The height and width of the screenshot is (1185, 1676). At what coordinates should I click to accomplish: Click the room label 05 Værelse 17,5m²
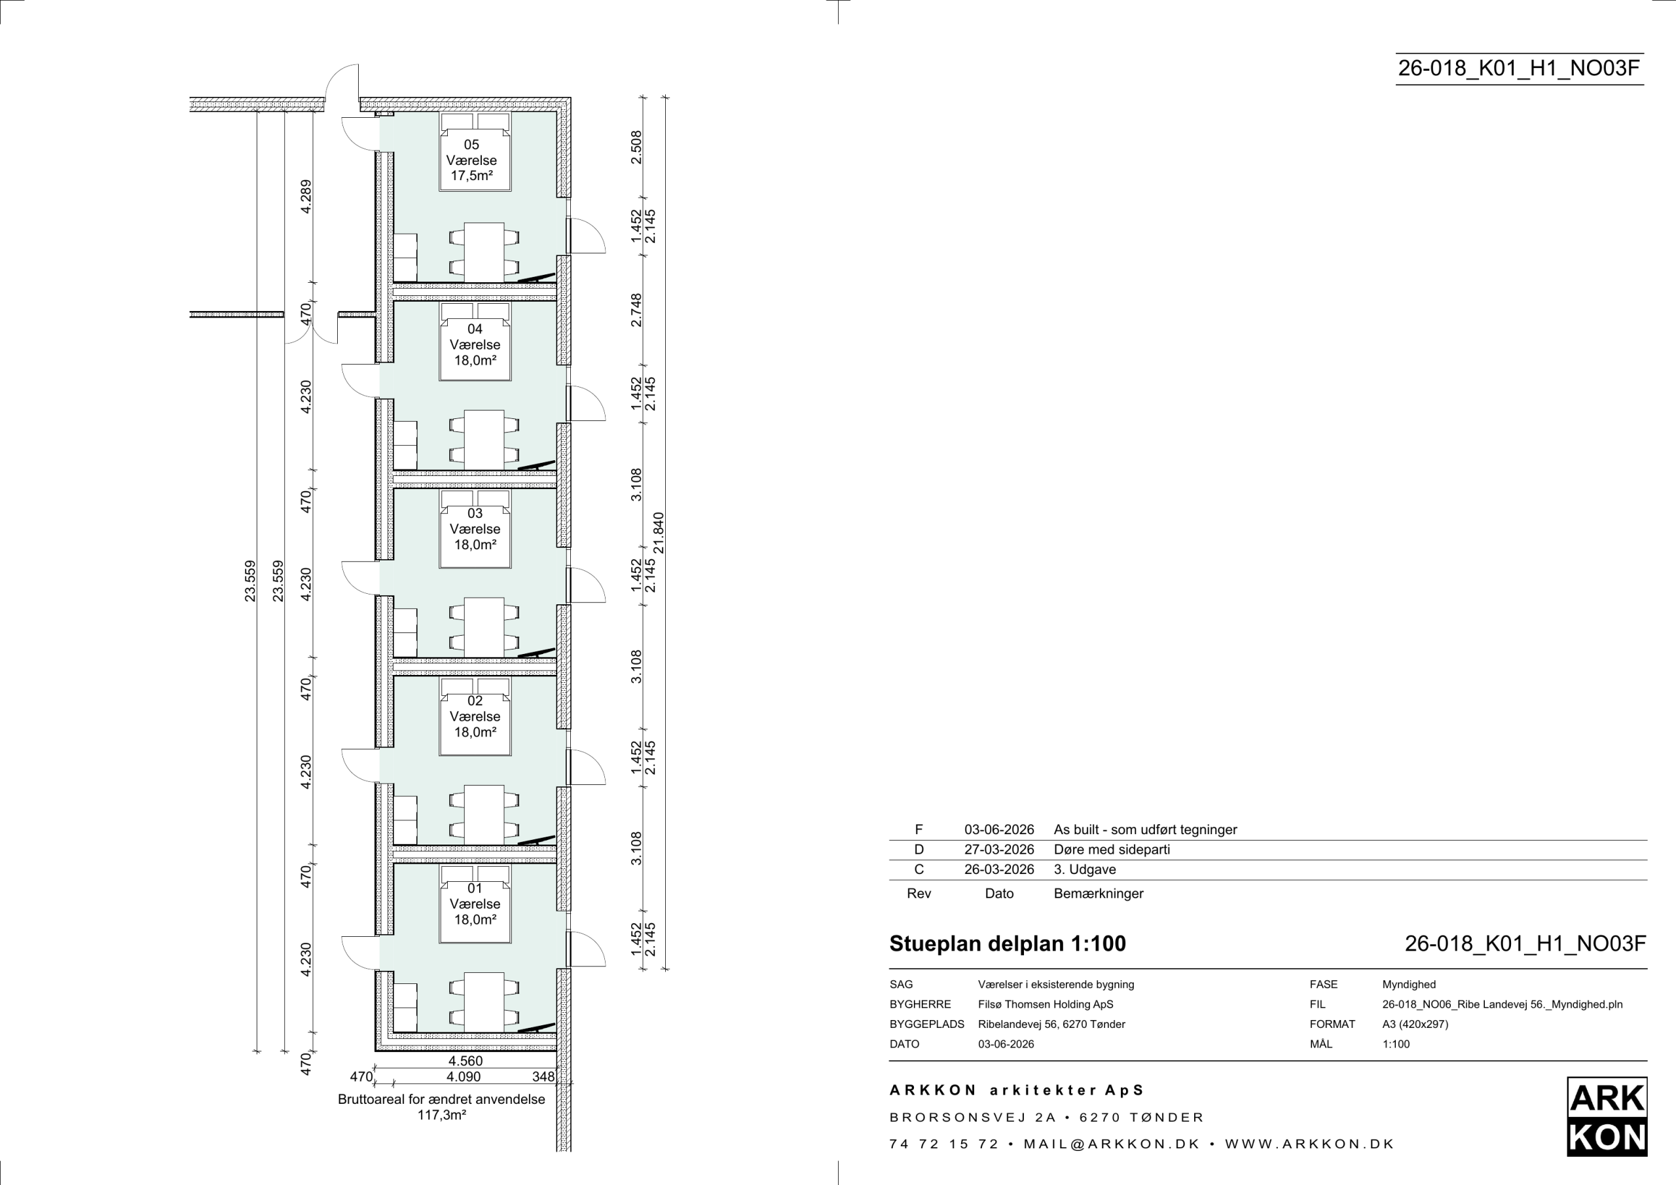[x=471, y=160]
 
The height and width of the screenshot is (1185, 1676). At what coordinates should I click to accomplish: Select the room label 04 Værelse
[x=475, y=337]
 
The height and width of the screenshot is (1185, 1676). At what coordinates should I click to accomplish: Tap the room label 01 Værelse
[x=475, y=896]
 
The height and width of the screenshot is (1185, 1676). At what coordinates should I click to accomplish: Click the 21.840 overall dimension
[x=659, y=534]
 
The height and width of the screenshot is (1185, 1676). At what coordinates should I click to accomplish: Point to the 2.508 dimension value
[x=636, y=147]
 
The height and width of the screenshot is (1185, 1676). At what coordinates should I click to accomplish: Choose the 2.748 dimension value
[x=636, y=310]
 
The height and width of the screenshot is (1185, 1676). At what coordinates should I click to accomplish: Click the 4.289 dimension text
[x=306, y=196]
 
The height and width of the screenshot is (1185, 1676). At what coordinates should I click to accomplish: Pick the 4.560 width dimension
[x=465, y=1061]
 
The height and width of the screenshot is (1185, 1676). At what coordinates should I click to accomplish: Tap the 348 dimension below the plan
[x=543, y=1077]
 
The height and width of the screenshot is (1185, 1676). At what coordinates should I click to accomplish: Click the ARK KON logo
[x=1607, y=1116]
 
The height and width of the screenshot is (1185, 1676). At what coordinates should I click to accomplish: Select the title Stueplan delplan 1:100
[x=1008, y=944]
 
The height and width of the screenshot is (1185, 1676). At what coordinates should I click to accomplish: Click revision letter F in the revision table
[x=919, y=830]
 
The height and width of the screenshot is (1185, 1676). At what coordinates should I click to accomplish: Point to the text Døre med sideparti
[x=1112, y=850]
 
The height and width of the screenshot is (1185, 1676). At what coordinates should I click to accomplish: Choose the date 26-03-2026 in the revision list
[x=999, y=869]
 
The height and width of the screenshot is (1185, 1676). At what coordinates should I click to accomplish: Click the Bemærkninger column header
[x=1099, y=894]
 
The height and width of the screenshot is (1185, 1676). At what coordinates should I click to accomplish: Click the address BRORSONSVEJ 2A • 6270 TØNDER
[x=1047, y=1117]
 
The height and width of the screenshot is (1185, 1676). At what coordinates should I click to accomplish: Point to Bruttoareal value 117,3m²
[x=442, y=1115]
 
